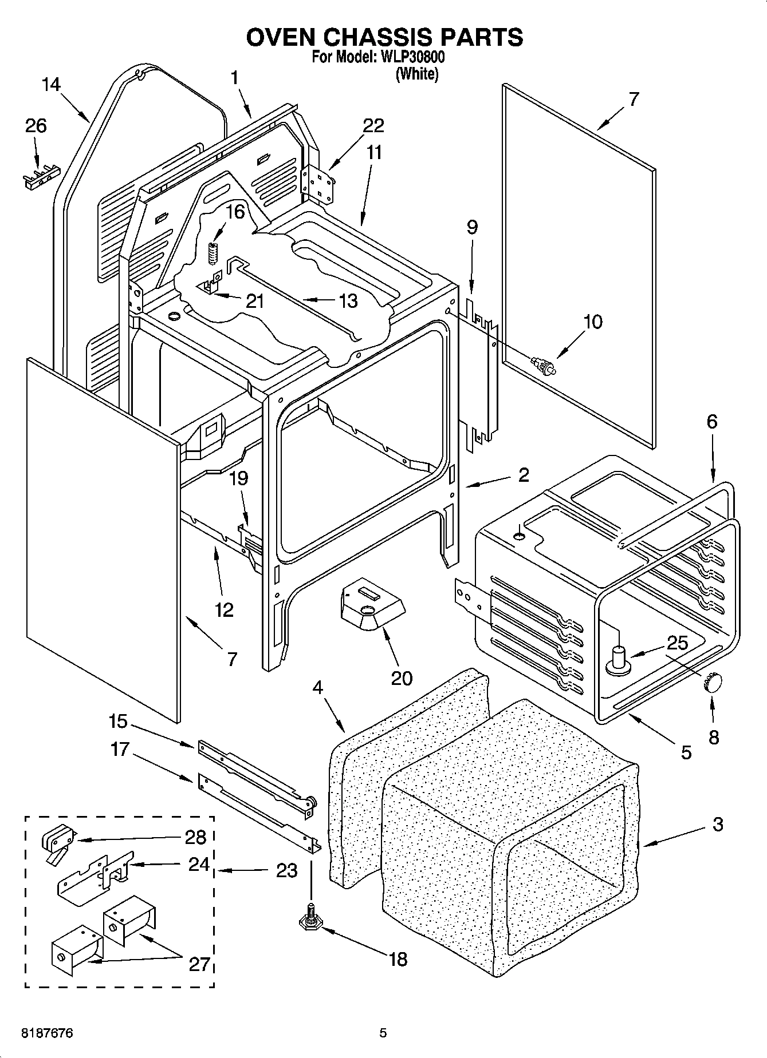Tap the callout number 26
pos(36,125)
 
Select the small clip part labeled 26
pos(39,178)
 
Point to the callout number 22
pos(373,125)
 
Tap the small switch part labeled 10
pos(542,366)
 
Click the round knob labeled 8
pos(712,683)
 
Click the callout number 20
pos(401,678)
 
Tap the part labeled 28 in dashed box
pos(56,839)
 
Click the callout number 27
pos(199,964)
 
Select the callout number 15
pos(118,722)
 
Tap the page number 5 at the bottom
pos(383,1033)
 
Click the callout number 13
pos(348,300)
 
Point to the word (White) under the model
pos(417,74)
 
